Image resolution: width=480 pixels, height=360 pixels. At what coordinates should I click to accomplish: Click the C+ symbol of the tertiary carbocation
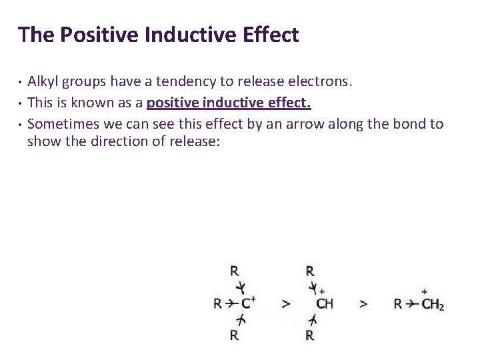(x=248, y=303)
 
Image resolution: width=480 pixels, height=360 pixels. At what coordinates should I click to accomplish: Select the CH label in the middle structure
(x=325, y=304)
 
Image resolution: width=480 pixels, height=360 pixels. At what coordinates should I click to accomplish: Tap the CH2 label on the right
(x=432, y=304)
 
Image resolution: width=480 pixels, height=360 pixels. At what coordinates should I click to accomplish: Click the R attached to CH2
(x=398, y=304)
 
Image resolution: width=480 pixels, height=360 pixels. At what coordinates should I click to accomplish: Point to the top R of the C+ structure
(x=235, y=271)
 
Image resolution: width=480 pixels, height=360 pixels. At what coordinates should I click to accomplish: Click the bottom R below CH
(x=309, y=335)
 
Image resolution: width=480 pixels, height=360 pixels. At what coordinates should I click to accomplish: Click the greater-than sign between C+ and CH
(x=286, y=304)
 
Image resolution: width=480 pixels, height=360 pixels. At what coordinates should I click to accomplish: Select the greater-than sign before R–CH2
(x=363, y=304)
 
